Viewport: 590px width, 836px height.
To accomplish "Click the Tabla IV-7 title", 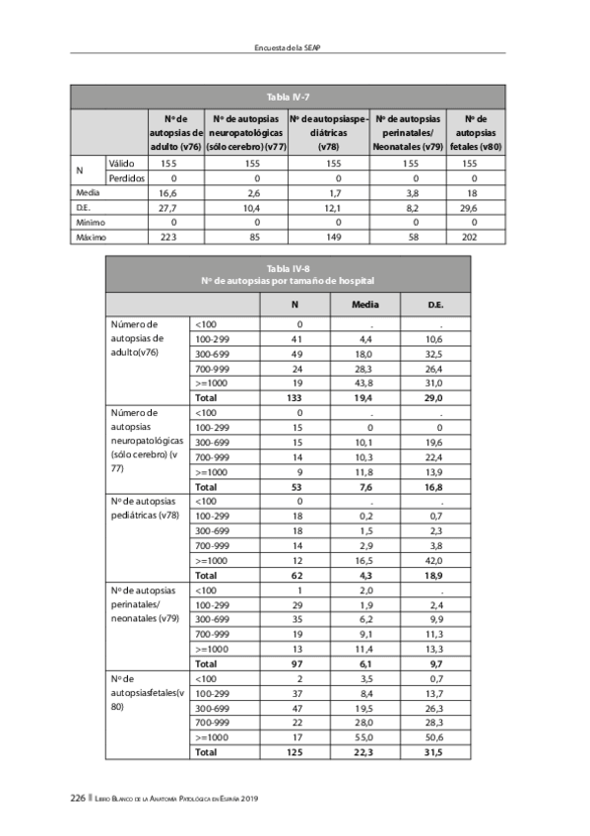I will pyautogui.click(x=288, y=96).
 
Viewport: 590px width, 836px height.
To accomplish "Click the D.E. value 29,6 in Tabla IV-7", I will pyautogui.click(x=470, y=208).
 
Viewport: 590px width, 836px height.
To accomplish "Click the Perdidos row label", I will pyautogui.click(x=126, y=178).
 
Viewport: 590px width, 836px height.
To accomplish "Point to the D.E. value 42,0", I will pyautogui.click(x=434, y=560).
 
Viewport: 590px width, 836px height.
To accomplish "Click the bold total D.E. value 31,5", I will pyautogui.click(x=434, y=752).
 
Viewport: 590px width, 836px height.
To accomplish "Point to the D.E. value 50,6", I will pyautogui.click(x=434, y=737).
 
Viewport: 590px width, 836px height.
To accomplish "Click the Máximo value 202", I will pyautogui.click(x=470, y=238).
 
